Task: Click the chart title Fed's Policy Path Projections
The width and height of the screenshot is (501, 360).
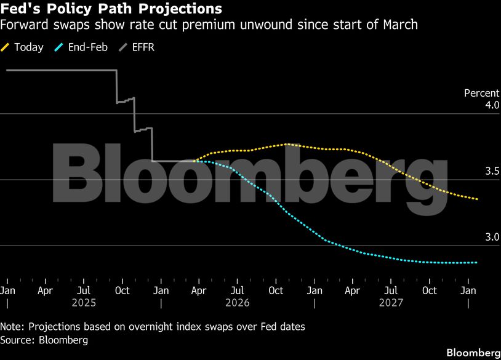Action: click(111, 10)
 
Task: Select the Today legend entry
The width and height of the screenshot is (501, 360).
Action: click(28, 47)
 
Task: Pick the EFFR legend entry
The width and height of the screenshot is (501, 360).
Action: click(142, 47)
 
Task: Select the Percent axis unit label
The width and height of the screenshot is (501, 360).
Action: click(481, 93)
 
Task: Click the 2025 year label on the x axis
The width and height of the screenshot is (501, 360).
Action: click(84, 303)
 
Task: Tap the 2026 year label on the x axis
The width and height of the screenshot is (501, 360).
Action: click(238, 303)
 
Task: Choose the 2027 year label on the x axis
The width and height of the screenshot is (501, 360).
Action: click(391, 303)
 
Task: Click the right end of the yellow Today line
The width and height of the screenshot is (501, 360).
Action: click(478, 199)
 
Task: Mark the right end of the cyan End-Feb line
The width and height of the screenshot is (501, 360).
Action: click(477, 263)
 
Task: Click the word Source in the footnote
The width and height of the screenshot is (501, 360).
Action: click(17, 339)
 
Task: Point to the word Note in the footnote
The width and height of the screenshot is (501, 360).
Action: click(12, 326)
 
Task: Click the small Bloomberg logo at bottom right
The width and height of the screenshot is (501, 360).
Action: click(473, 353)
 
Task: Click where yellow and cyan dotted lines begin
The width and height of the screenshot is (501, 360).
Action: click(194, 161)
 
